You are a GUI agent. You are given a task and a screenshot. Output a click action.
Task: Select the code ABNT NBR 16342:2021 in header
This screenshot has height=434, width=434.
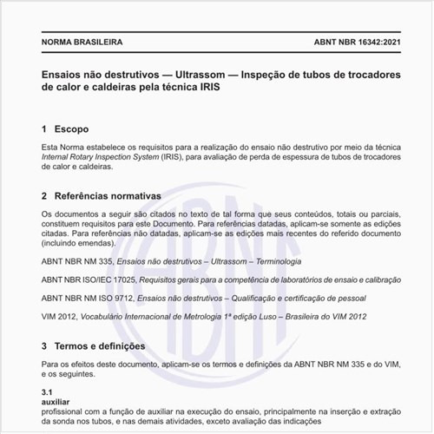click(357, 41)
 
